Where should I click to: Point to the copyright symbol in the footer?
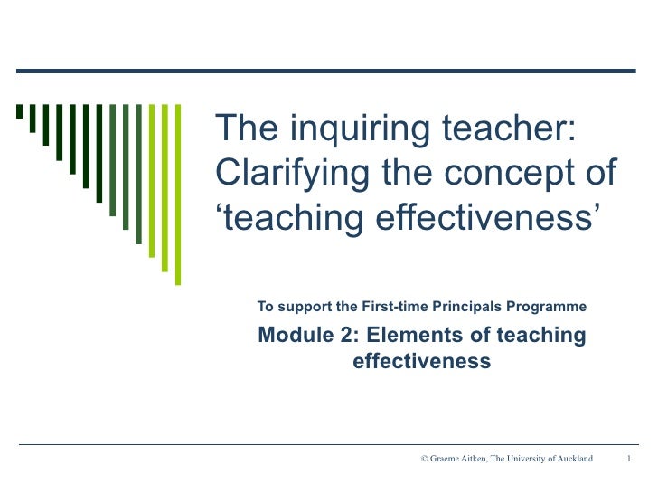click(424, 459)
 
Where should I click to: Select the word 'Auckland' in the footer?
click(571, 459)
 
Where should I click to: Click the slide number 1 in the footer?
click(629, 459)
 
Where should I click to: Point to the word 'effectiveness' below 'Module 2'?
click(421, 362)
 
